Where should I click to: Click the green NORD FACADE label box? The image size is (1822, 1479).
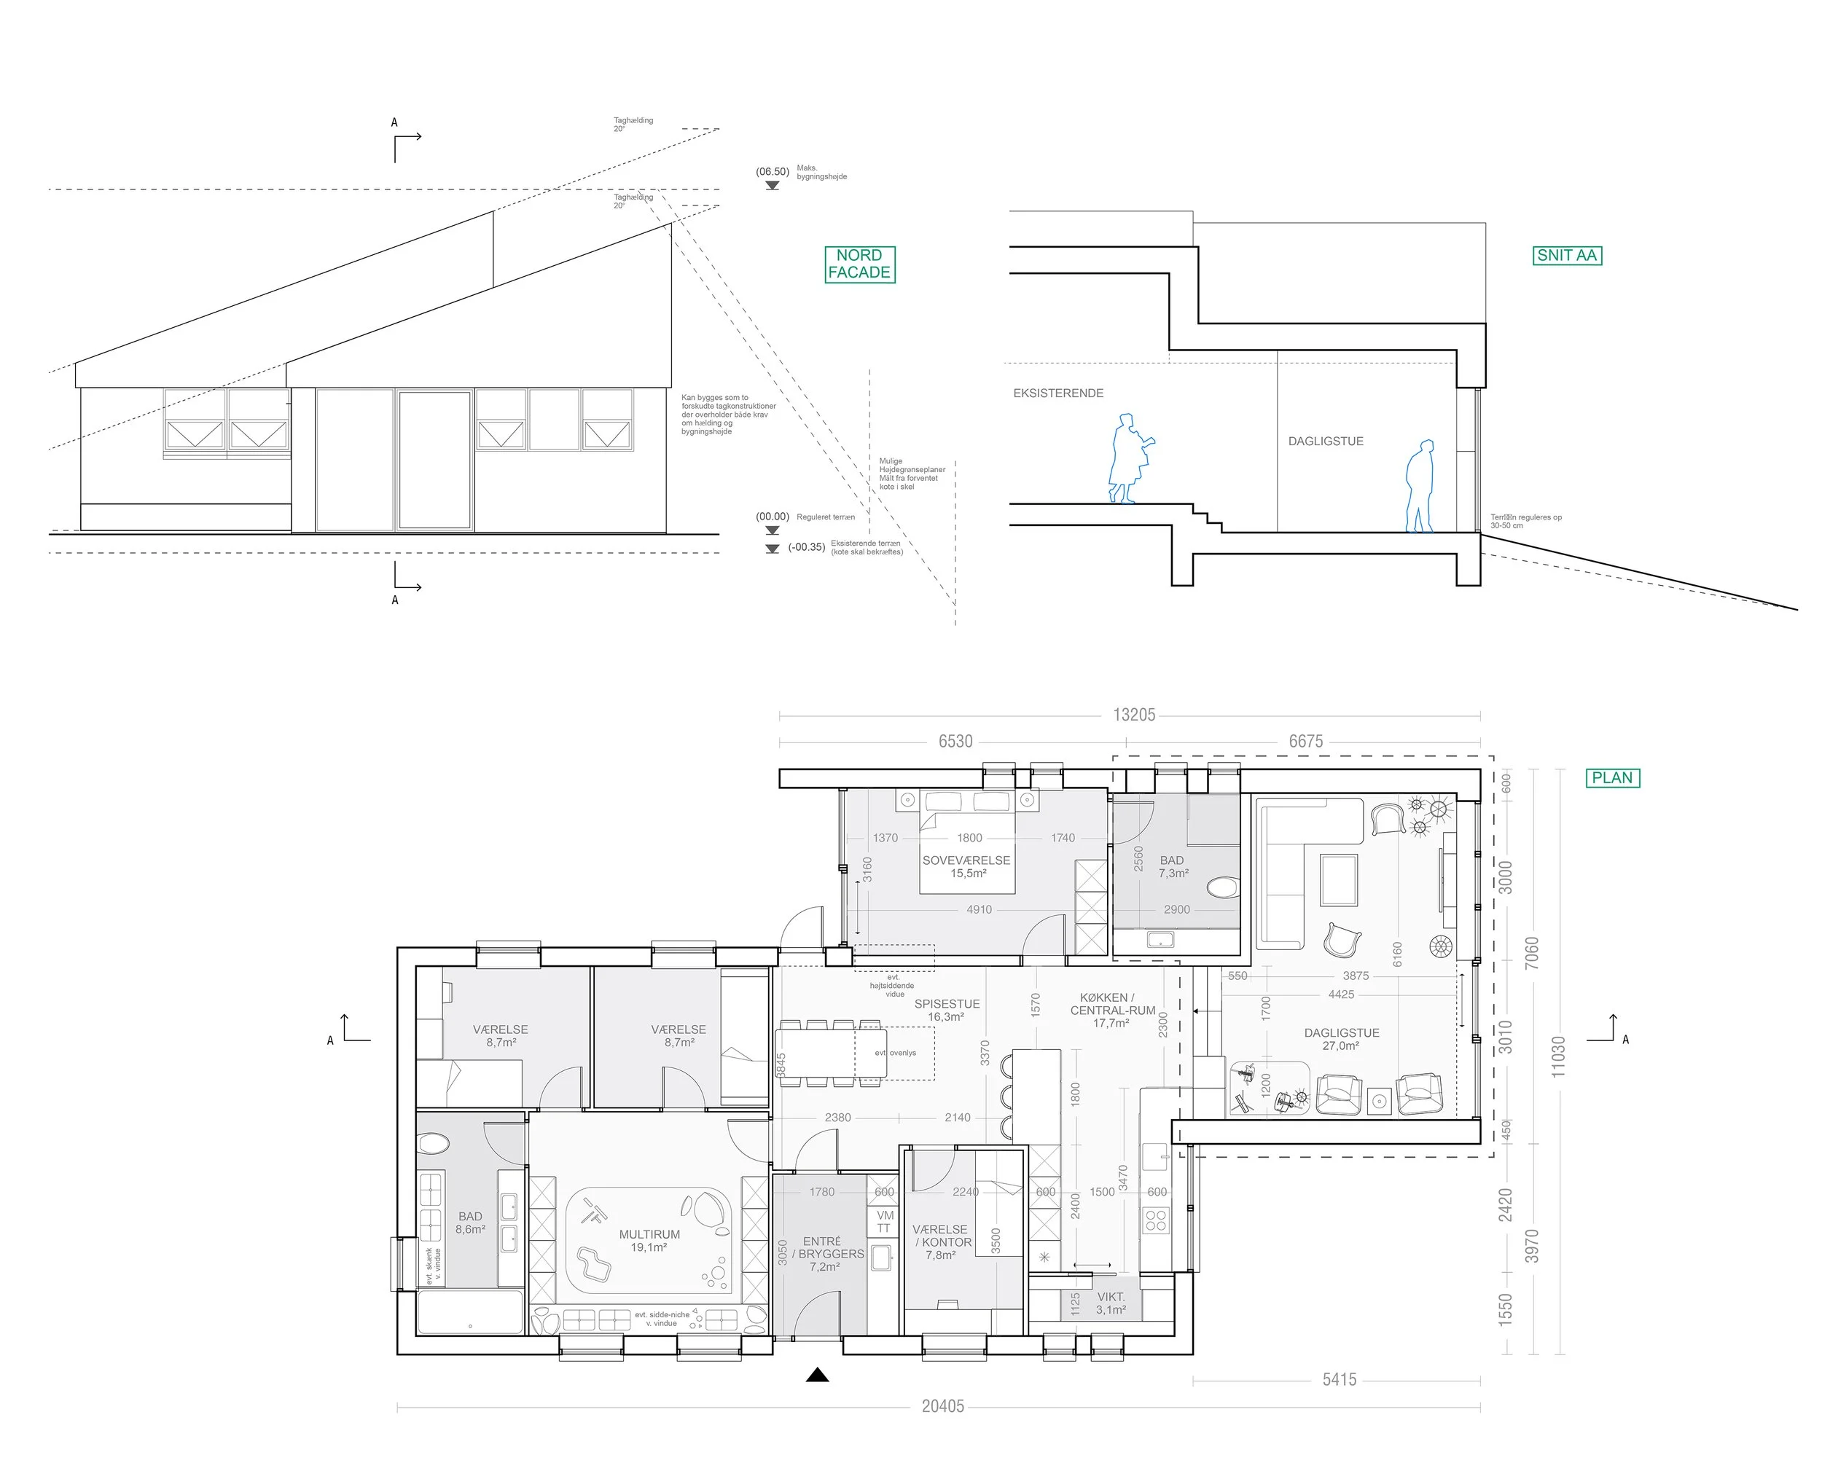tap(859, 264)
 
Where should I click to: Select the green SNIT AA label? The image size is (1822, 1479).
tap(1566, 256)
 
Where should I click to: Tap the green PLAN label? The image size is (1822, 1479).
tap(1611, 778)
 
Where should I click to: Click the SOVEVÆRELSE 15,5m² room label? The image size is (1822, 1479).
tap(966, 866)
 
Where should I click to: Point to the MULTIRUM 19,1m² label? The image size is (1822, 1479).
tap(649, 1241)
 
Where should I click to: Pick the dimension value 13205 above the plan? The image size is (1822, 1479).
tap(1133, 715)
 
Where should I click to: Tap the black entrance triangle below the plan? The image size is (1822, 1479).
tap(817, 1374)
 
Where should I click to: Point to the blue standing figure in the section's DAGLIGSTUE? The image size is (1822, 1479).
tap(1419, 487)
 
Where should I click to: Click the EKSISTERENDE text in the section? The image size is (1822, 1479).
tap(1057, 393)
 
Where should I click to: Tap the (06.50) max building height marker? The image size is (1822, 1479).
tap(772, 172)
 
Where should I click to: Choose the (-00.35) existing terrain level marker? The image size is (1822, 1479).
tap(805, 547)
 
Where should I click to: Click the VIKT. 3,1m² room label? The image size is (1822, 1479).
tap(1111, 1303)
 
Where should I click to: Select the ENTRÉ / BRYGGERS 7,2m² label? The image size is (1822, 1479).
tap(825, 1254)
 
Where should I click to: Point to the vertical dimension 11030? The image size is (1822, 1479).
tap(1558, 1056)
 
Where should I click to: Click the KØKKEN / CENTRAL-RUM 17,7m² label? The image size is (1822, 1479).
tap(1112, 1011)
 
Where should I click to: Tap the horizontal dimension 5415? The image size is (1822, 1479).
tap(1339, 1379)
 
